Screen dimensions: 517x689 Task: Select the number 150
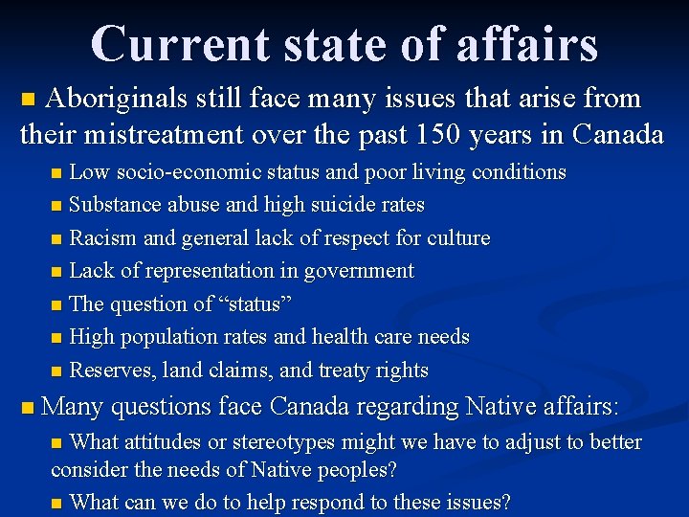[440, 134]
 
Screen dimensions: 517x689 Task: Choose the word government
[359, 271]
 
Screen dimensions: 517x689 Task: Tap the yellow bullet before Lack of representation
[57, 272]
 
